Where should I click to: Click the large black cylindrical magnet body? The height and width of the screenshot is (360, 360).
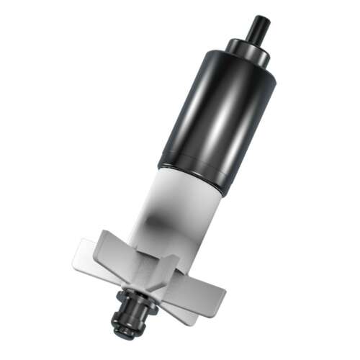point(216,115)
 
